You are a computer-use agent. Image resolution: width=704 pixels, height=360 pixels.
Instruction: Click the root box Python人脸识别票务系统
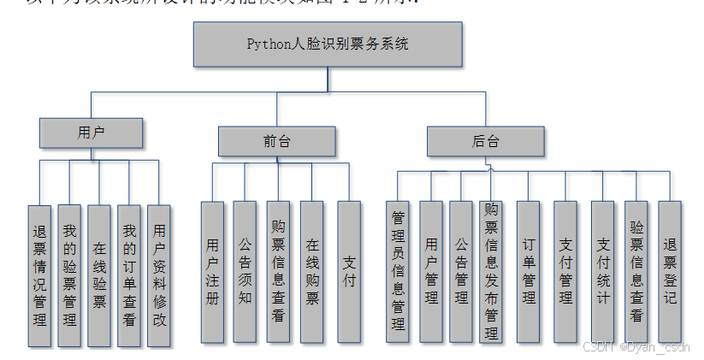point(328,44)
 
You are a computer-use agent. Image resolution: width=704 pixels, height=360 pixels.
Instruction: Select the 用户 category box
point(91,133)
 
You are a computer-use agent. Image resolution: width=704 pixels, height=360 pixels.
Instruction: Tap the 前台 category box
point(275,141)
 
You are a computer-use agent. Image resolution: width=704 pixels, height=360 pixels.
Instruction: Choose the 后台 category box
point(485,141)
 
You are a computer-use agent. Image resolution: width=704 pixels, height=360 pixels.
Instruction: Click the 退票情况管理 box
point(39,275)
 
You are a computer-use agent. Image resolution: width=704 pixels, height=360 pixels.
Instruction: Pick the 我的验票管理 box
point(69,275)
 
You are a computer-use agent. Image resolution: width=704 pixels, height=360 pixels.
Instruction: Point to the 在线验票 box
point(99,275)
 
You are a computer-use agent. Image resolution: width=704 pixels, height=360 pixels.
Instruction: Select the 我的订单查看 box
point(129,275)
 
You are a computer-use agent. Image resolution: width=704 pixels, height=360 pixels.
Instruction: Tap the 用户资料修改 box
point(159,275)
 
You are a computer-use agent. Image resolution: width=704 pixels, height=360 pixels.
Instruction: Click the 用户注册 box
point(212,272)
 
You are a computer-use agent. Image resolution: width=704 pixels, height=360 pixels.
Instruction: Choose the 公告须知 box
point(245,272)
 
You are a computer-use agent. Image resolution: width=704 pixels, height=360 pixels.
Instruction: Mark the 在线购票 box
point(312,272)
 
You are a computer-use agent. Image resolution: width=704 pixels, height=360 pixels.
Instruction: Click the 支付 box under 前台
point(349,272)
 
